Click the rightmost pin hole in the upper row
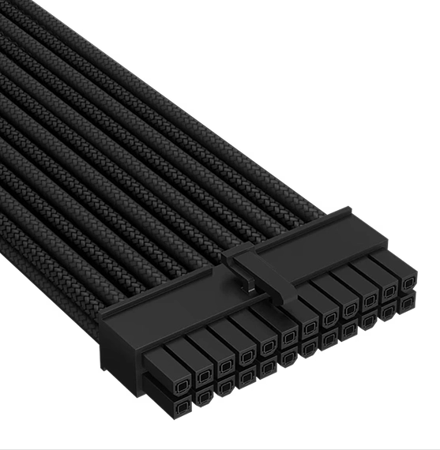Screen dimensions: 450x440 coord(409,283)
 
